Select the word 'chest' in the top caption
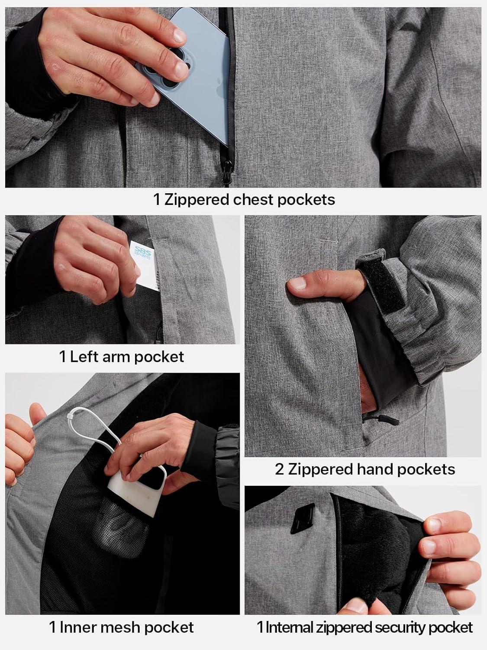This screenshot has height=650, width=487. click(253, 200)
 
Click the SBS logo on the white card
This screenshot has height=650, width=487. click(142, 253)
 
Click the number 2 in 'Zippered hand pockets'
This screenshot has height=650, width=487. click(279, 469)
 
